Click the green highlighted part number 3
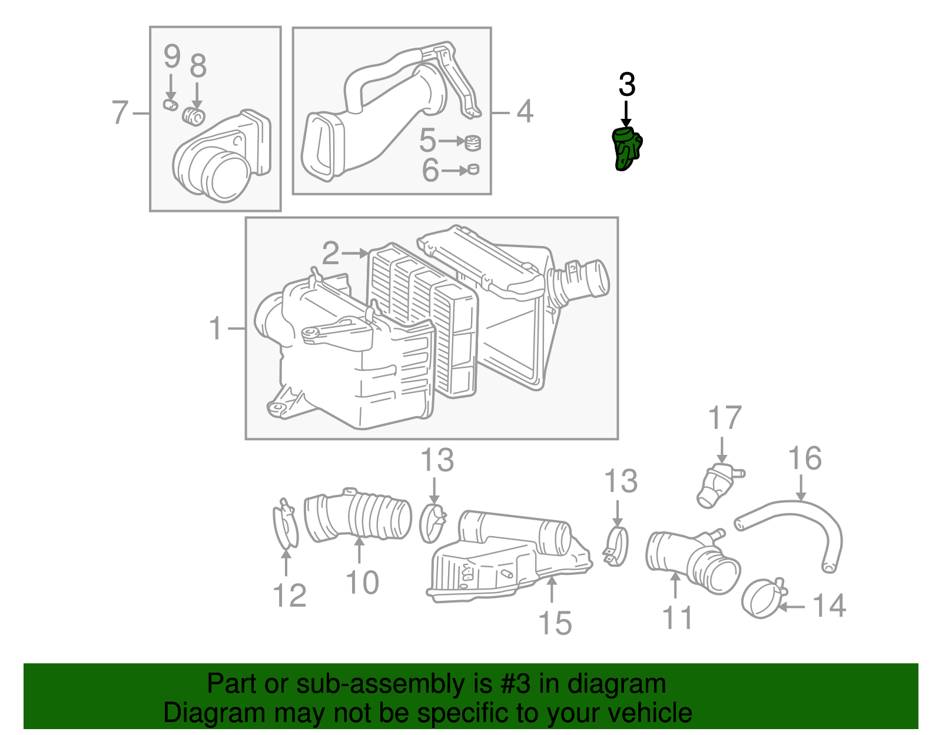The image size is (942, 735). [x=626, y=149]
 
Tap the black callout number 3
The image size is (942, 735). [x=627, y=85]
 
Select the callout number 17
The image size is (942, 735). [x=724, y=418]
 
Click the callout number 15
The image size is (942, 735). [x=555, y=623]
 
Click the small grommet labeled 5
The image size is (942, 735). [x=473, y=142]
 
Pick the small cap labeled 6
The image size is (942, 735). [x=473, y=170]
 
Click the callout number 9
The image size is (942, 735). [x=171, y=56]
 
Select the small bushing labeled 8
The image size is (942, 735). [x=193, y=116]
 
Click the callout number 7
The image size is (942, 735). [x=120, y=112]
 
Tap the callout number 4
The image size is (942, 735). [x=525, y=111]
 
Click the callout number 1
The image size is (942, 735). [x=215, y=328]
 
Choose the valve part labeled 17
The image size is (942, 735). [x=717, y=485]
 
